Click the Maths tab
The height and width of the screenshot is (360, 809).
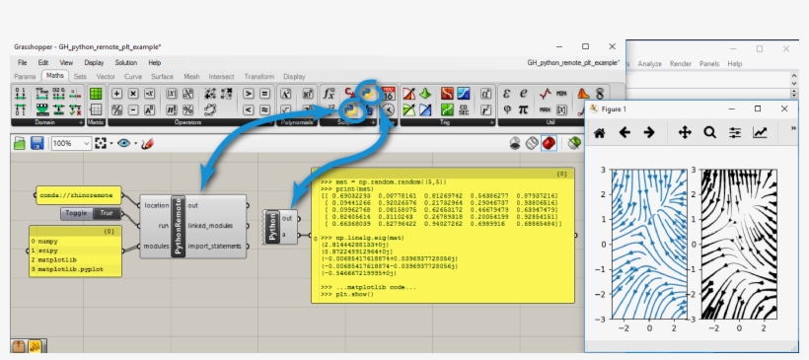[x=54, y=76]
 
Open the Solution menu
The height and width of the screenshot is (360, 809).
[x=125, y=62]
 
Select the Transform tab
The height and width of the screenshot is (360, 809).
[x=258, y=76]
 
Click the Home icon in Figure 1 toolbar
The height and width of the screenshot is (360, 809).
[x=599, y=132]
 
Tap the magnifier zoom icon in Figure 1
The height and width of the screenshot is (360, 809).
[x=709, y=132]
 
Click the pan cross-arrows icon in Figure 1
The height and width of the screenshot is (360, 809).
[x=685, y=132]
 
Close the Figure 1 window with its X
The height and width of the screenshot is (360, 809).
[x=785, y=108]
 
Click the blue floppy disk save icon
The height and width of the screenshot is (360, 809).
[x=37, y=144]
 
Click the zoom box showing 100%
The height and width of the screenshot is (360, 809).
[x=66, y=144]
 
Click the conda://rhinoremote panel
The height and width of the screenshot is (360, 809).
[x=78, y=195]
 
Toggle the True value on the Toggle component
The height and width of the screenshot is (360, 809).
[x=107, y=213]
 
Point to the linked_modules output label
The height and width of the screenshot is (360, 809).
[x=212, y=227]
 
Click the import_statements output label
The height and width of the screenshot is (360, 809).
[x=216, y=248]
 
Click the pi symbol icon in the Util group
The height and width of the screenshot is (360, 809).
[x=522, y=109]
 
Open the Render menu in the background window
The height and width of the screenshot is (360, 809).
[x=681, y=63]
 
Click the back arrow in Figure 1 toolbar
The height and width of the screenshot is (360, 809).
[x=624, y=132]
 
